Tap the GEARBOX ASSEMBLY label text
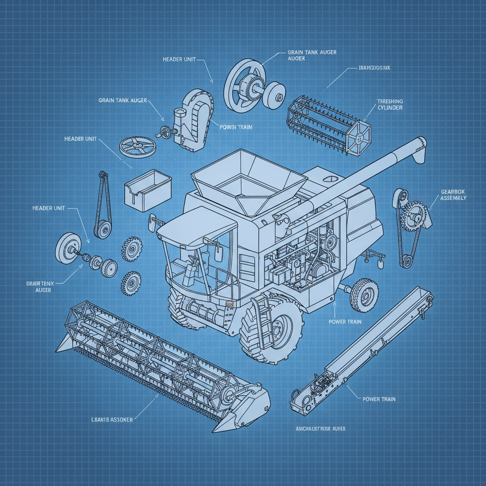pyautogui.click(x=453, y=195)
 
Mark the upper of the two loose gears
pyautogui.click(x=131, y=249)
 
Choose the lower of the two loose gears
pyautogui.click(x=131, y=283)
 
